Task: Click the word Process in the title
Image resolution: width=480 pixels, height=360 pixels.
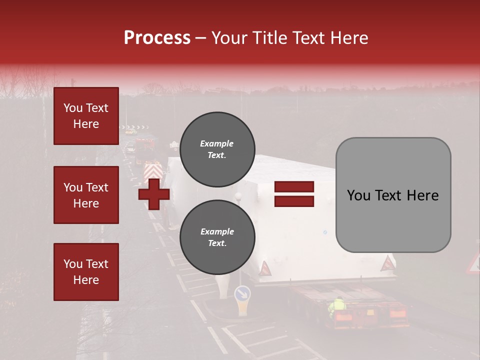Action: (x=157, y=38)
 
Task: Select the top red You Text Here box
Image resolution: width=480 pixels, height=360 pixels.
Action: (x=86, y=116)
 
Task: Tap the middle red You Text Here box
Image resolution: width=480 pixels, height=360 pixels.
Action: (x=86, y=195)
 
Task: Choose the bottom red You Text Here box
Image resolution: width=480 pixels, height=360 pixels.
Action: (x=86, y=272)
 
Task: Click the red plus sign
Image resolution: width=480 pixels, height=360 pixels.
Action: (x=154, y=194)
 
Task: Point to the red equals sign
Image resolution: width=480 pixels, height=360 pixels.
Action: (x=294, y=194)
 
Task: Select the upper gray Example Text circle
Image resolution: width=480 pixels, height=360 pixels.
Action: (x=217, y=149)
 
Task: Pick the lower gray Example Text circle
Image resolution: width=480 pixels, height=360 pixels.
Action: (x=217, y=237)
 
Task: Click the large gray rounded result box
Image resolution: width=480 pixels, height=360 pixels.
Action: (x=393, y=195)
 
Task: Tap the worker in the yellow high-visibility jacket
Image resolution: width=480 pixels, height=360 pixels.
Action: (x=338, y=306)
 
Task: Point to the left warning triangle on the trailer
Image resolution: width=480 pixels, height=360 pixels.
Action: (x=264, y=269)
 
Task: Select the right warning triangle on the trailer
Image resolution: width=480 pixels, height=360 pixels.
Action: (x=387, y=263)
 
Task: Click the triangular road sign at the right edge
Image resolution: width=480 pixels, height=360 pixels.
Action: (x=474, y=264)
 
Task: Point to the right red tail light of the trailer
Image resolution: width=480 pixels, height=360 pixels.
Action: (x=397, y=314)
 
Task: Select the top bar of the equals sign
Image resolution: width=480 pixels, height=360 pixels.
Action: (x=294, y=187)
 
